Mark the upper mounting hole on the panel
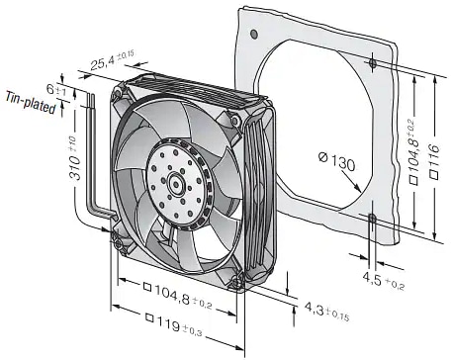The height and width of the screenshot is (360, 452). tap(370, 64)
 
